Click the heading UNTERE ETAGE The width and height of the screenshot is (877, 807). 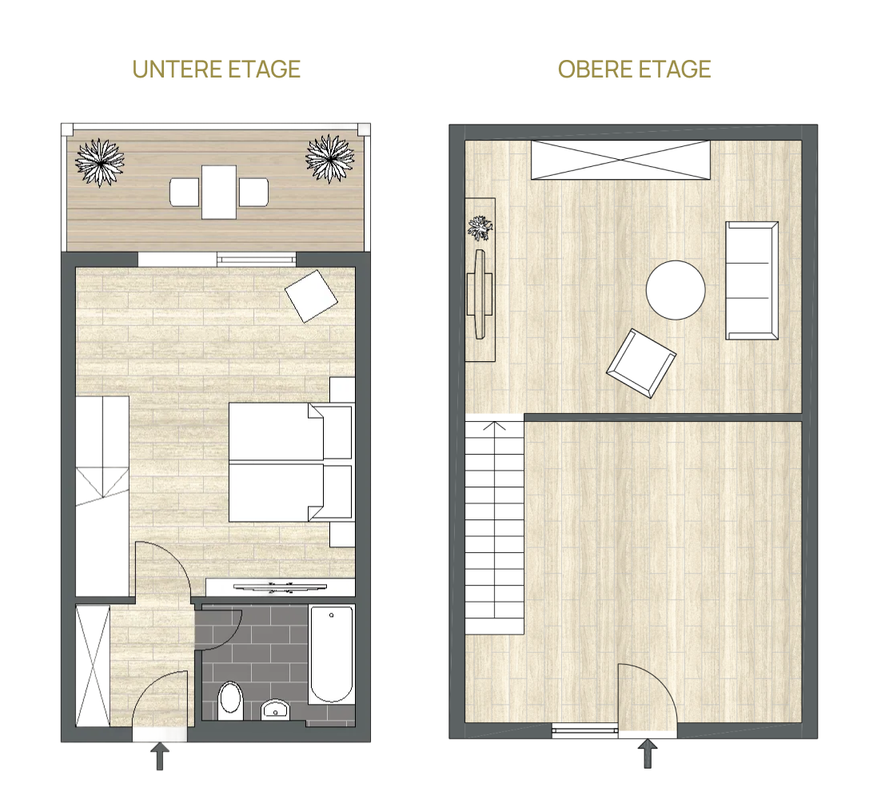click(217, 70)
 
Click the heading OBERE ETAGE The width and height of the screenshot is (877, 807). click(634, 70)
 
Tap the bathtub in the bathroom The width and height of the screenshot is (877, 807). click(332, 654)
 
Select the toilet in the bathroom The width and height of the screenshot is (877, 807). click(230, 701)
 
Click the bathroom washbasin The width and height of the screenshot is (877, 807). click(275, 710)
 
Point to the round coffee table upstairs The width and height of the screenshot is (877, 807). click(676, 290)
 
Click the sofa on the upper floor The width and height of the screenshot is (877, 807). click(752, 280)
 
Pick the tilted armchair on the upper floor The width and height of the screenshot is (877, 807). click(641, 364)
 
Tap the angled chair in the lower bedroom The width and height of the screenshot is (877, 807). click(312, 296)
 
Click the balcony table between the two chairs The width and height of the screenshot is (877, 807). click(219, 192)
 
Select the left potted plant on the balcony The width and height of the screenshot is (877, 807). click(100, 162)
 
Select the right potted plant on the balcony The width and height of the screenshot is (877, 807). click(330, 159)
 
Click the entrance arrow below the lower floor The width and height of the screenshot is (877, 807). click(160, 756)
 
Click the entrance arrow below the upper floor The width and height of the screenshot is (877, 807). click(648, 753)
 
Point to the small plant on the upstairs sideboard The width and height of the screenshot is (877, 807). click(480, 228)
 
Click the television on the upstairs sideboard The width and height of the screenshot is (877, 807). click(480, 295)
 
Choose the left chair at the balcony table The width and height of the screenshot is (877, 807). click(185, 192)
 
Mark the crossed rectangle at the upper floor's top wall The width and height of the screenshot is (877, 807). click(621, 160)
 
